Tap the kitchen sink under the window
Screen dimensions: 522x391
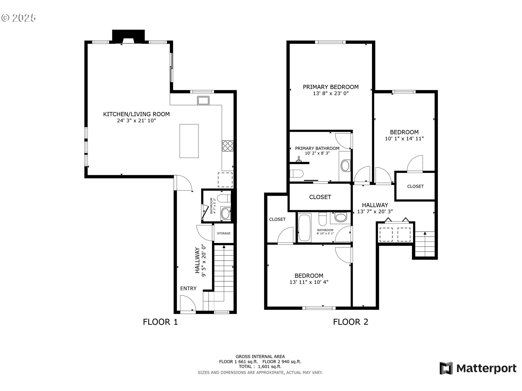click(x=203, y=100)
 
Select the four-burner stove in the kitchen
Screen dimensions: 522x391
click(x=228, y=146)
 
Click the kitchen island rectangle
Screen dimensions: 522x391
click(x=189, y=141)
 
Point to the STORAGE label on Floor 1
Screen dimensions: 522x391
click(x=224, y=233)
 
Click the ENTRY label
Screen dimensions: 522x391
click(x=188, y=288)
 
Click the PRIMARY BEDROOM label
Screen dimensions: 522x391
click(x=331, y=87)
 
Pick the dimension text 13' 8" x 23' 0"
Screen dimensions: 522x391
click(x=331, y=93)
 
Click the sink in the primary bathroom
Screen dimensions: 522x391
click(x=345, y=166)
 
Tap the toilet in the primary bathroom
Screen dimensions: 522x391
click(x=296, y=174)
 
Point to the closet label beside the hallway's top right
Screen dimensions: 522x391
click(x=415, y=186)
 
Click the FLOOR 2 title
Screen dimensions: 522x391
click(x=350, y=322)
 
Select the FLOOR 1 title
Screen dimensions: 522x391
click(x=160, y=322)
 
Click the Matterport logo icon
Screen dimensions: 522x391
click(x=446, y=368)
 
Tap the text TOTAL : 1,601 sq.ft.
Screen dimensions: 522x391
click(x=260, y=367)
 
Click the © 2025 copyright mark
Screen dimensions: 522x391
click(x=18, y=18)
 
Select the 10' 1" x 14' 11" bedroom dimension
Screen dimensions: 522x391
click(x=404, y=138)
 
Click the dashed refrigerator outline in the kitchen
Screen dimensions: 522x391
click(x=225, y=180)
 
